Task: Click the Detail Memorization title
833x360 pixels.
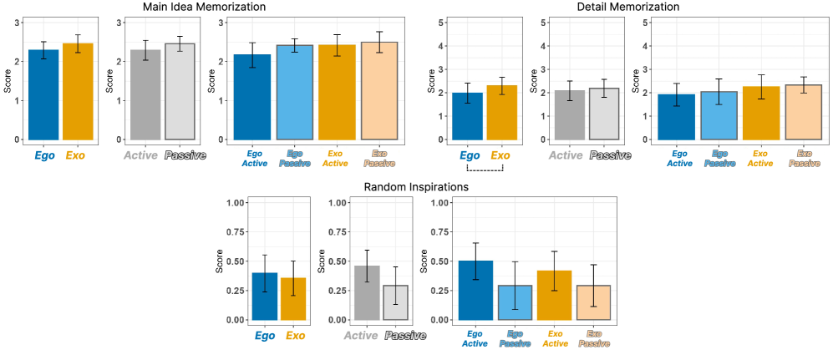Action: point(627,7)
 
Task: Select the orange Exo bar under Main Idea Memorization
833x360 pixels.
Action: point(78,91)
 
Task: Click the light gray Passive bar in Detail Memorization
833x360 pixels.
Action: point(604,114)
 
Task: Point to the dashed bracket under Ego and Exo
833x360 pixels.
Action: point(485,170)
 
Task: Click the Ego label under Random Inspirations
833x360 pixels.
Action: point(265,336)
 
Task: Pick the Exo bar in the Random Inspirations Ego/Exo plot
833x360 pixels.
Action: point(294,299)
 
